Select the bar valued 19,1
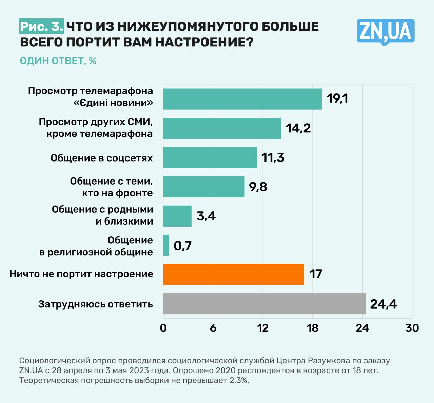click(242, 99)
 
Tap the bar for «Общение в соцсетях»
click(210, 157)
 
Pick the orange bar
click(234, 274)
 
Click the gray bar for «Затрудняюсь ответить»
click(264, 304)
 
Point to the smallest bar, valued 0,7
click(166, 245)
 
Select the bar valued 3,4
click(177, 216)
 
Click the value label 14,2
click(298, 128)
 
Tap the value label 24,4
click(383, 304)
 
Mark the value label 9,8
click(258, 187)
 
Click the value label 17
click(315, 274)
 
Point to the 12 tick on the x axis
click(263, 328)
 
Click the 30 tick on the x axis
click(412, 328)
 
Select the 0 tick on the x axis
click(163, 328)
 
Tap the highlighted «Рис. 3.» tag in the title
click(41, 27)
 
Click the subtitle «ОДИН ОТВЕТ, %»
click(58, 61)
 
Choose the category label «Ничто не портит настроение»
click(81, 274)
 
